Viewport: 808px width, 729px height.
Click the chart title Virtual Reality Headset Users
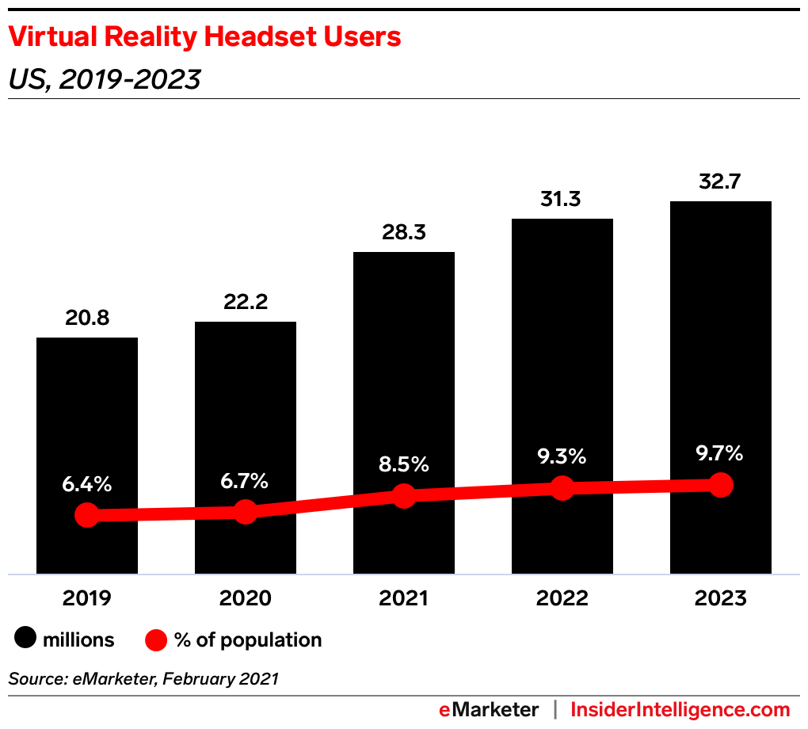[204, 36]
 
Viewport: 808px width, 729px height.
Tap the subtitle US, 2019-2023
[104, 79]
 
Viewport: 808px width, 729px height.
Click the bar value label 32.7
[720, 181]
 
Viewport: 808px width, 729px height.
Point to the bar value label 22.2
[245, 301]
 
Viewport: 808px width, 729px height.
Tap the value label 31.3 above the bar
[562, 199]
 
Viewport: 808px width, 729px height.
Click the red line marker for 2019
[87, 516]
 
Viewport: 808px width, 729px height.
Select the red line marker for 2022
[562, 488]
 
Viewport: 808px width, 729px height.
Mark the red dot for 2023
[720, 484]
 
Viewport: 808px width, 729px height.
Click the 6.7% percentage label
[245, 481]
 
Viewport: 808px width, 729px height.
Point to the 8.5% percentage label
[403, 464]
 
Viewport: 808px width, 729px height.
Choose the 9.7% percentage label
[720, 453]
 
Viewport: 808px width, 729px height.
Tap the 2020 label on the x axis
[245, 598]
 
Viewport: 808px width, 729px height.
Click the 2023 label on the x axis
[720, 598]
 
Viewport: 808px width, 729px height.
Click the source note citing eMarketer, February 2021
[143, 679]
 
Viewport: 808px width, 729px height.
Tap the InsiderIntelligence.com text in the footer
[680, 709]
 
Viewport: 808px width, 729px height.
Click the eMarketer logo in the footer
[489, 709]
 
